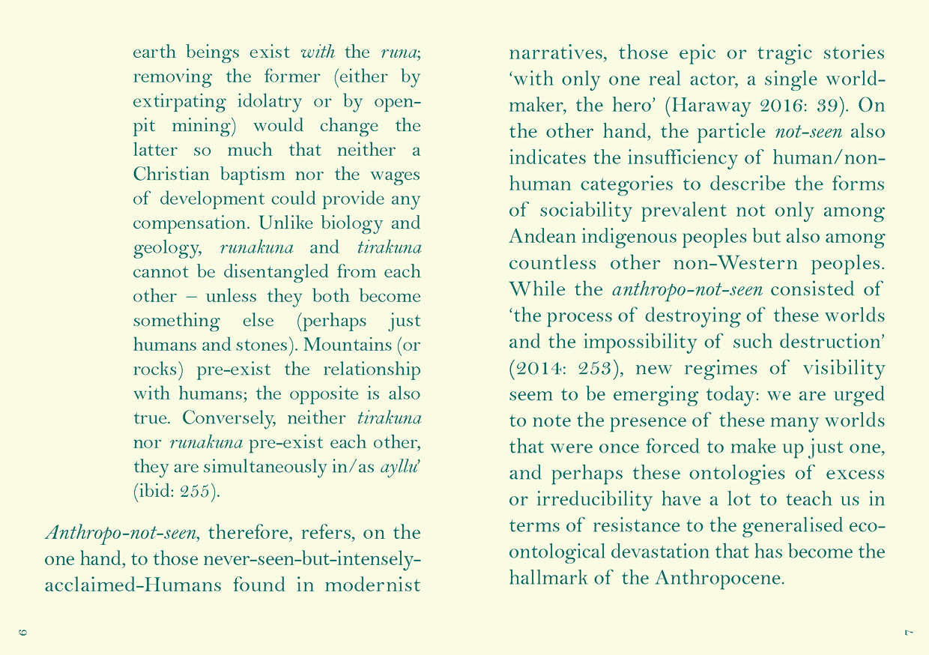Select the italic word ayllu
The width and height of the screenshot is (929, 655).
click(x=399, y=466)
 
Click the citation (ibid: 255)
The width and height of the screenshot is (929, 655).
click(x=176, y=491)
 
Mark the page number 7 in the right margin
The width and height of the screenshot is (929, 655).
click(x=906, y=633)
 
